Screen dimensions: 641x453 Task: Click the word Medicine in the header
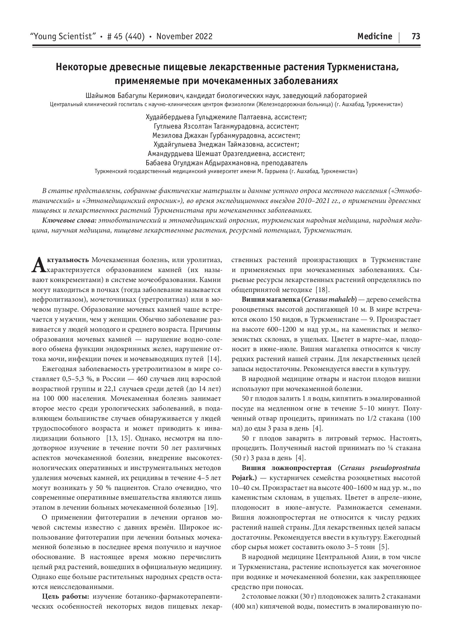[x=374, y=37]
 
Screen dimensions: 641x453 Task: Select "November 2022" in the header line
[x=184, y=37]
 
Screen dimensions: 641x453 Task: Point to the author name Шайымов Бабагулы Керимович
[x=134, y=96]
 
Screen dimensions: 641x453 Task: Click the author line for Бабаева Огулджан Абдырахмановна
[x=226, y=163]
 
